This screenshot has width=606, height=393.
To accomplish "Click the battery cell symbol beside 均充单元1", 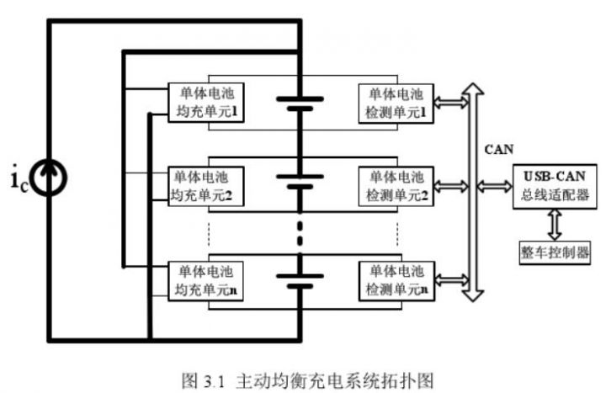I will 300,103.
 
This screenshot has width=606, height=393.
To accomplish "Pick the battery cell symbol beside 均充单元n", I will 300,279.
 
